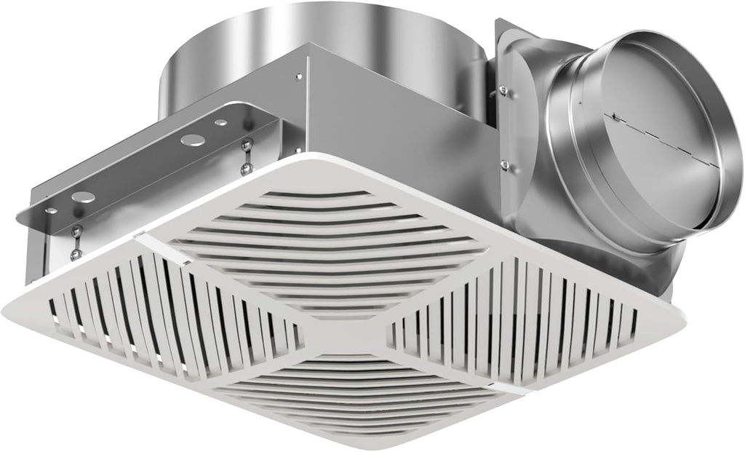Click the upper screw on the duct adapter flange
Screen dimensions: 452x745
[x=503, y=91]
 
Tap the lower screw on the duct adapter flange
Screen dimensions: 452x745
[x=504, y=165]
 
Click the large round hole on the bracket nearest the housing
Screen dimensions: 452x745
[x=193, y=140]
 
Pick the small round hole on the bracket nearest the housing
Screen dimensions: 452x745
[x=220, y=123]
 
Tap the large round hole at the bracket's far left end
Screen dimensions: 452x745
[x=82, y=197]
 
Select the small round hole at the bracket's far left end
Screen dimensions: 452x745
[x=51, y=211]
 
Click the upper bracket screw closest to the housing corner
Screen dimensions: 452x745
[x=247, y=144]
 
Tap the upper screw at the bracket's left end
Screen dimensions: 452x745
[x=76, y=231]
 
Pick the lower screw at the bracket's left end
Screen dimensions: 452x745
[x=76, y=254]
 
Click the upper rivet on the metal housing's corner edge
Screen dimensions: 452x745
[x=298, y=76]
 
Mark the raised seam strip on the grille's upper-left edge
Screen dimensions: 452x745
[x=149, y=239]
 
